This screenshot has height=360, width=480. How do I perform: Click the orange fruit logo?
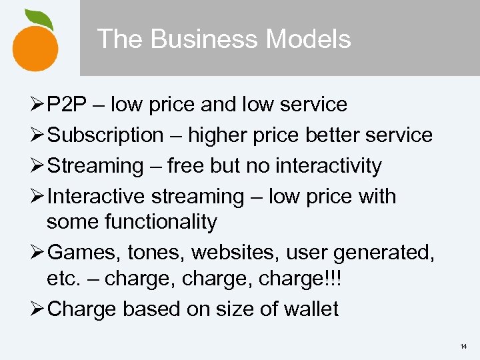tap(35, 45)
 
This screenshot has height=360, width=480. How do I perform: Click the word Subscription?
tap(106, 135)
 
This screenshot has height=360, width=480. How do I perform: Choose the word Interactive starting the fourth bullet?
tap(96, 197)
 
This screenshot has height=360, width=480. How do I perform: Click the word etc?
tap(63, 277)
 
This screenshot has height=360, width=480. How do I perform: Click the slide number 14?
tap(464, 347)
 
